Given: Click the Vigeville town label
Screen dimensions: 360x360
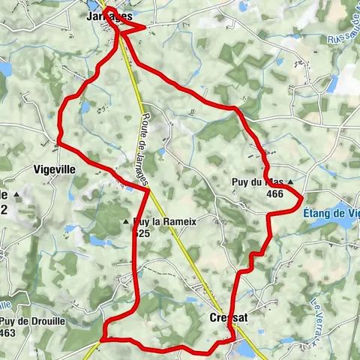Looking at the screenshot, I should pos(55,169).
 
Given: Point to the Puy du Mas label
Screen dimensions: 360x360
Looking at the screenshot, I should pos(257,181).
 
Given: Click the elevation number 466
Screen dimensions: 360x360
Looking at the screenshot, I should pos(274,193).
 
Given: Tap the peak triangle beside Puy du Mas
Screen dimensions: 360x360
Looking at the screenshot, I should pos(290,181).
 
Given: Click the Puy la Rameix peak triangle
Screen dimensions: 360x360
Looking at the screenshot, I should pos(126,222).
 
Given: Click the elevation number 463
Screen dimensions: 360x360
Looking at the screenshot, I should pos(7,332).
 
